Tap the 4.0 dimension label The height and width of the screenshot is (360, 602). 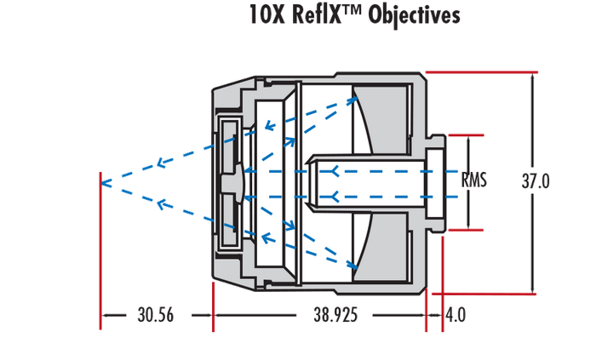[456, 315]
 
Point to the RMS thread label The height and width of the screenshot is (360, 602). [473, 181]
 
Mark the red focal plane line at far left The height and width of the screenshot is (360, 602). [100, 247]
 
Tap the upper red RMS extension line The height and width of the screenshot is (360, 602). [464, 134]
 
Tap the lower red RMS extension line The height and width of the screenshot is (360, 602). [464, 229]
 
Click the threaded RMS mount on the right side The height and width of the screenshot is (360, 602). [437, 181]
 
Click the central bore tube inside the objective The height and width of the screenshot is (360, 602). [366, 181]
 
